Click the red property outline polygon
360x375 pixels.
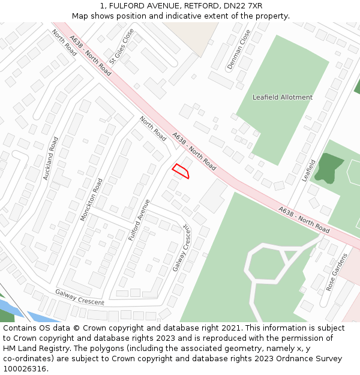coord(181,171)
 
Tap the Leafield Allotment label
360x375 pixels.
coord(282,97)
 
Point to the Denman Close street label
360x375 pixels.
coord(239,51)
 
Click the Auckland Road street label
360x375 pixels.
coord(51,158)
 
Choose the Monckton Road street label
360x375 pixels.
coord(92,199)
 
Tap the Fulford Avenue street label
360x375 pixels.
coord(139,220)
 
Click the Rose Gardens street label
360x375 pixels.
coord(337,272)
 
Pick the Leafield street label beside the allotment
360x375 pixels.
coord(309,170)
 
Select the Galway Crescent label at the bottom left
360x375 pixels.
coord(79,297)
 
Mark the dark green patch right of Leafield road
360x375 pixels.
coord(328,167)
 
